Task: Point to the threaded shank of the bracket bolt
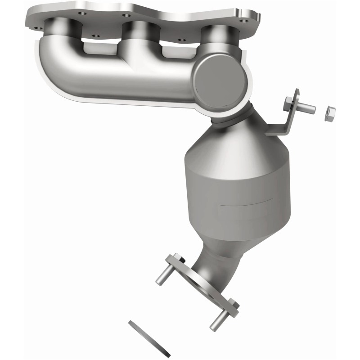(x=306, y=108)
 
